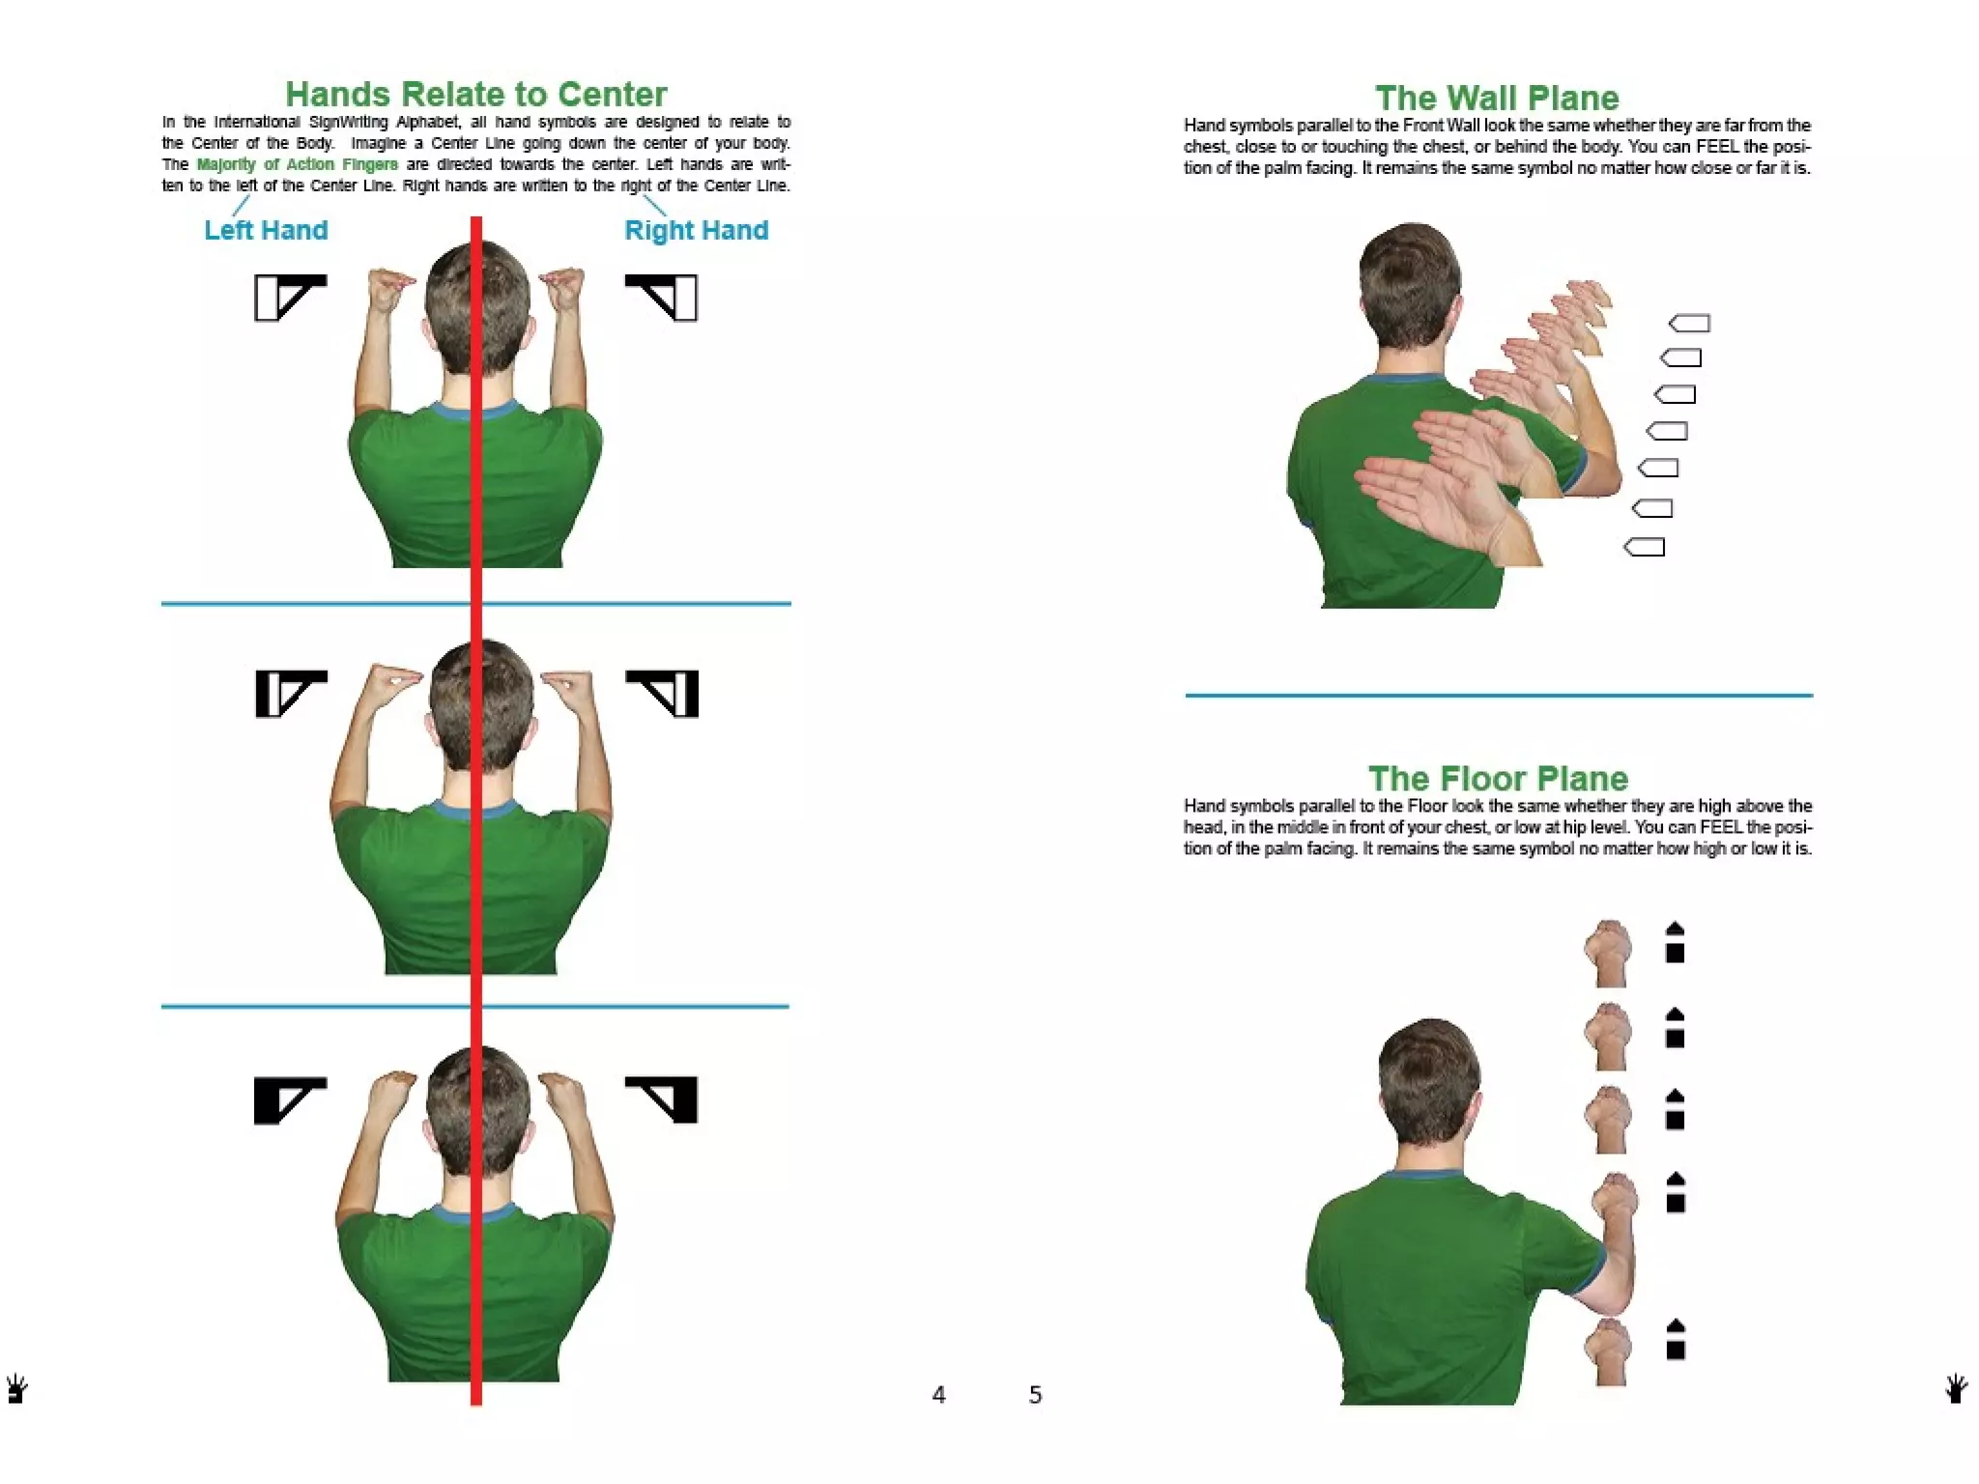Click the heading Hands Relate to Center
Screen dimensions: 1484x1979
pyautogui.click(x=475, y=95)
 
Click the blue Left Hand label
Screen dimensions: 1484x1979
pyautogui.click(x=266, y=230)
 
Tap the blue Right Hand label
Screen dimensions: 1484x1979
pyautogui.click(x=696, y=230)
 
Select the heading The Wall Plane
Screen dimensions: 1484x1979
pyautogui.click(x=1497, y=98)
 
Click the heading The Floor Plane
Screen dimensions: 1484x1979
pyautogui.click(x=1498, y=778)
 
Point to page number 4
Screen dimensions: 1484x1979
pyautogui.click(x=938, y=1394)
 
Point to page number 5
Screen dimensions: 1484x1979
pyautogui.click(x=1035, y=1394)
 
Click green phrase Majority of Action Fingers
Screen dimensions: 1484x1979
pyautogui.click(x=297, y=164)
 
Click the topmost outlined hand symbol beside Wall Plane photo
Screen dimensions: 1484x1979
pyautogui.click(x=1690, y=323)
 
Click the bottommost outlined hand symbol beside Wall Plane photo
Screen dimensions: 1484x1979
pyautogui.click(x=1645, y=547)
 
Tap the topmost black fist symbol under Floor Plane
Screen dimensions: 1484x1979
pyautogui.click(x=1676, y=943)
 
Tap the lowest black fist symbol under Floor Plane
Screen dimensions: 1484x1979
pyautogui.click(x=1676, y=1340)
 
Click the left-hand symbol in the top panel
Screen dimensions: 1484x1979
pyautogui.click(x=290, y=297)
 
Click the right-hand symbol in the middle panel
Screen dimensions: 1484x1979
pyautogui.click(x=664, y=693)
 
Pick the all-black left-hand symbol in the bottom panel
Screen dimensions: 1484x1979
pyautogui.click(x=289, y=1099)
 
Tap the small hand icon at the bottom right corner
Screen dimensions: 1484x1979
pyautogui.click(x=1956, y=1388)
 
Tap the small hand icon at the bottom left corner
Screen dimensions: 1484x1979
pyautogui.click(x=16, y=1389)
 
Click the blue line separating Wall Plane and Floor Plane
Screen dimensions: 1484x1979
pyautogui.click(x=1498, y=695)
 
